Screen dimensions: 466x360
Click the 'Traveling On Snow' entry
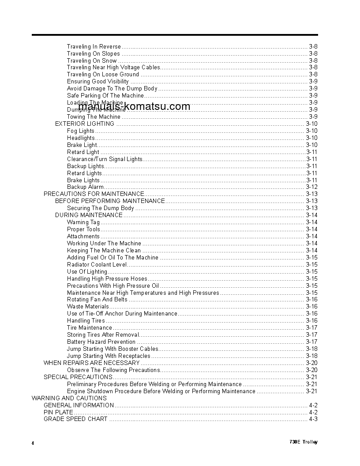pos(92,60)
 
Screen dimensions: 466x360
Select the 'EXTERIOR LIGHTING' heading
pos(84,124)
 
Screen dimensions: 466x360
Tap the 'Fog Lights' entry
pos(80,131)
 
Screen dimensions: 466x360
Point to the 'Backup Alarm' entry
pos(85,187)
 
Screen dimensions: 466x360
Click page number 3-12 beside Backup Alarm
pos(311,187)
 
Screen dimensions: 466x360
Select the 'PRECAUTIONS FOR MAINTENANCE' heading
pos(94,194)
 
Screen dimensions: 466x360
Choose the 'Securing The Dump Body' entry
pos(100,208)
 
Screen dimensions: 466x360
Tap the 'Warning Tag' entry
pos(83,222)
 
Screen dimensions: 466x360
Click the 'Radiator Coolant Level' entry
pos(97,264)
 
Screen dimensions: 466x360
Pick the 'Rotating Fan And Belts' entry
pos(97,299)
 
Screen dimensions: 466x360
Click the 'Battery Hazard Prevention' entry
pos(101,342)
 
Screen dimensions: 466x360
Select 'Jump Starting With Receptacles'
pos(109,356)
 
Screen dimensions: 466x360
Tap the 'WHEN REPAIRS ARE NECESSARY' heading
pos(91,363)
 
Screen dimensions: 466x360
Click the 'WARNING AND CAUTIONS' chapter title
pos(69,398)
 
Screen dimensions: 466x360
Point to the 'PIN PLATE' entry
pos(58,412)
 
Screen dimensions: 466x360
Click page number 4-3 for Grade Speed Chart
pos(313,419)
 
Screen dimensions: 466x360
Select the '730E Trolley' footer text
pos(304,442)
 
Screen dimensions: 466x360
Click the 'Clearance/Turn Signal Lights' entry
pos(105,159)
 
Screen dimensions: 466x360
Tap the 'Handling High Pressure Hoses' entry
pos(107,278)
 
